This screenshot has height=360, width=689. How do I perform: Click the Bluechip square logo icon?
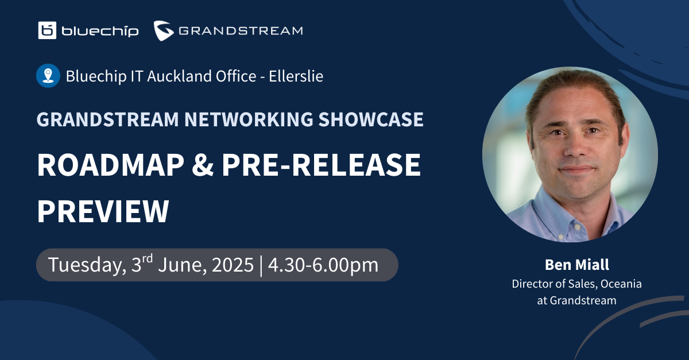(47, 30)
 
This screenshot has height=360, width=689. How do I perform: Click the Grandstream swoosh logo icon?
(164, 30)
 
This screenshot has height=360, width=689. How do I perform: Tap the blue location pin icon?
(48, 76)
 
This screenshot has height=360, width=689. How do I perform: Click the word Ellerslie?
(296, 76)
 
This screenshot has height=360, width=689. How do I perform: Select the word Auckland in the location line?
(180, 76)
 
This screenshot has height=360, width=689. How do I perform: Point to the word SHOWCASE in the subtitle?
(371, 119)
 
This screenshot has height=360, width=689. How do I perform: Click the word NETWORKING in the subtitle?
(249, 119)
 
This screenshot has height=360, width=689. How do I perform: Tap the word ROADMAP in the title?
(111, 165)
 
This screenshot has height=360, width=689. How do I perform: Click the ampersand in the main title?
(203, 165)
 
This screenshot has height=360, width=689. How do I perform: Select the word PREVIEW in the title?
(103, 211)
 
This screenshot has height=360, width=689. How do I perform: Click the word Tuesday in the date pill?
(87, 265)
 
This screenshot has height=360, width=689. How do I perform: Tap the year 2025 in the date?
(233, 265)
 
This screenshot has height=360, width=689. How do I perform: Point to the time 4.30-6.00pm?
(323, 265)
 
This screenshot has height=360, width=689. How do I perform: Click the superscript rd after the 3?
(148, 258)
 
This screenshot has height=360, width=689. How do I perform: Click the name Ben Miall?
(576, 265)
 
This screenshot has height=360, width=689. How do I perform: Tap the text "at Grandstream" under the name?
(576, 300)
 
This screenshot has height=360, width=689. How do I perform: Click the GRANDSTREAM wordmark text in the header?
(241, 31)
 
